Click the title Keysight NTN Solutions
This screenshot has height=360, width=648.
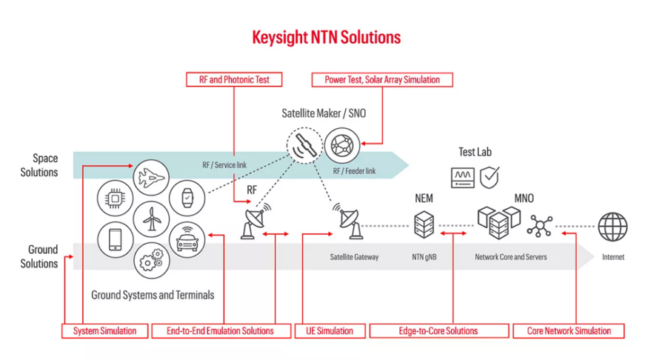click(x=327, y=37)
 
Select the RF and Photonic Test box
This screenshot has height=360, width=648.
click(x=234, y=79)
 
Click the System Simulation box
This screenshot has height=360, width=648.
click(x=104, y=330)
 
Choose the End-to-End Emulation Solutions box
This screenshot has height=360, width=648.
click(x=220, y=330)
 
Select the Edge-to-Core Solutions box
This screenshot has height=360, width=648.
click(x=438, y=330)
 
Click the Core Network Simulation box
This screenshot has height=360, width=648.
click(x=568, y=330)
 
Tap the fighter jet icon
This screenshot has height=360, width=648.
click(x=151, y=176)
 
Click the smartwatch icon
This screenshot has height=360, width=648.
click(x=187, y=198)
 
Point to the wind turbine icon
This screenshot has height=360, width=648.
click(x=151, y=219)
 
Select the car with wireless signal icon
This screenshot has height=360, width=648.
click(x=187, y=239)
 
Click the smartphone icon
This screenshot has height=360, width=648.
click(x=116, y=239)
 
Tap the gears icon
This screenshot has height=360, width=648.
click(x=151, y=261)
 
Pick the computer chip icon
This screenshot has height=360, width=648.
click(x=116, y=198)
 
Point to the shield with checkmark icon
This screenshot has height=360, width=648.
click(x=490, y=176)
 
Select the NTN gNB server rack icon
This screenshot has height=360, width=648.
click(x=424, y=224)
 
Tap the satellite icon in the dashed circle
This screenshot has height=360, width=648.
click(x=305, y=145)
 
